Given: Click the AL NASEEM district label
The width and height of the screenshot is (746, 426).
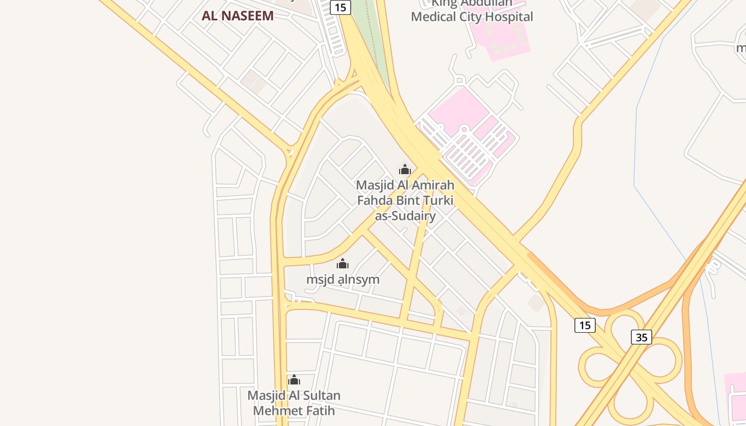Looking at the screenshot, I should point(238,16).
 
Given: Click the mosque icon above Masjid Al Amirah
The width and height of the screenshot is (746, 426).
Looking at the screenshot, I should point(405,170).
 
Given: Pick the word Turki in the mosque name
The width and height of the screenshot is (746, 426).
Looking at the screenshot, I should point(439,201).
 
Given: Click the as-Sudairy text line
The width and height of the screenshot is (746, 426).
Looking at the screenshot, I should point(405,216).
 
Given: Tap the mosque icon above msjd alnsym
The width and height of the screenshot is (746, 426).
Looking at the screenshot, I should point(343,264).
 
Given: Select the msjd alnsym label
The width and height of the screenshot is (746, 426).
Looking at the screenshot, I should point(343,279).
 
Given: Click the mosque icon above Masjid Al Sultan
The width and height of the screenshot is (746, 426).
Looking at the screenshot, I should point(294,380).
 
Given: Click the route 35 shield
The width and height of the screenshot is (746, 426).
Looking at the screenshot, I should point(642,337).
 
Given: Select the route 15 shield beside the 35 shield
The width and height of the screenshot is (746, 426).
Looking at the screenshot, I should point(585,325).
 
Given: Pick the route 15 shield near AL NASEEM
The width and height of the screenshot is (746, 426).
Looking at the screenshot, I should point(340,7).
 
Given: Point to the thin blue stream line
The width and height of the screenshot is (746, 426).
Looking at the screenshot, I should point(635,160).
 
